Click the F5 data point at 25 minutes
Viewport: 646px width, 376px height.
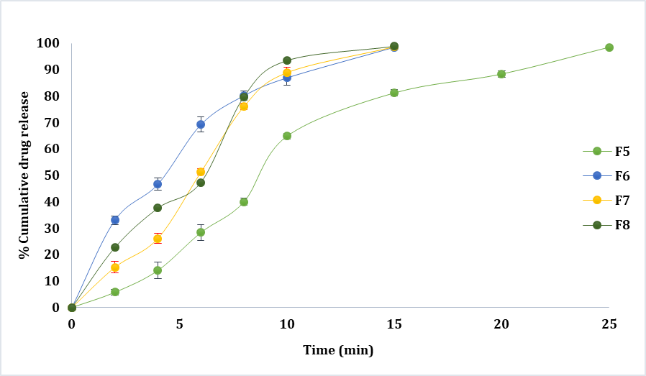click(x=609, y=47)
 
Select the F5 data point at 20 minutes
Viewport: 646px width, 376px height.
click(x=501, y=74)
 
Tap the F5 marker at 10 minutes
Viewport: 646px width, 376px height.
click(x=287, y=136)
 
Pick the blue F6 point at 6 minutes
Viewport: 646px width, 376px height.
click(x=201, y=124)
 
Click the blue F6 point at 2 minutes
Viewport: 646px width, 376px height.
click(x=115, y=220)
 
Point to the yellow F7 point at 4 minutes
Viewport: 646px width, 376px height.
click(x=158, y=239)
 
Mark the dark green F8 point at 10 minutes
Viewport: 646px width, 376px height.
click(x=287, y=60)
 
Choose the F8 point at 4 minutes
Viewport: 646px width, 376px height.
click(x=158, y=208)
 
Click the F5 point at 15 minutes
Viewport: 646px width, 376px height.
click(x=394, y=93)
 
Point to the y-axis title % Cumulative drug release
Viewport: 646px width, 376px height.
click(x=24, y=175)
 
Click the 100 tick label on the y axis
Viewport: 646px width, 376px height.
click(x=47, y=43)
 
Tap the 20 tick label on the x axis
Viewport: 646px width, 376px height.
click(x=501, y=324)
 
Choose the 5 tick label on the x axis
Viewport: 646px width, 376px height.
click(x=179, y=324)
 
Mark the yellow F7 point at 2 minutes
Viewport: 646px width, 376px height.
click(x=115, y=267)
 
